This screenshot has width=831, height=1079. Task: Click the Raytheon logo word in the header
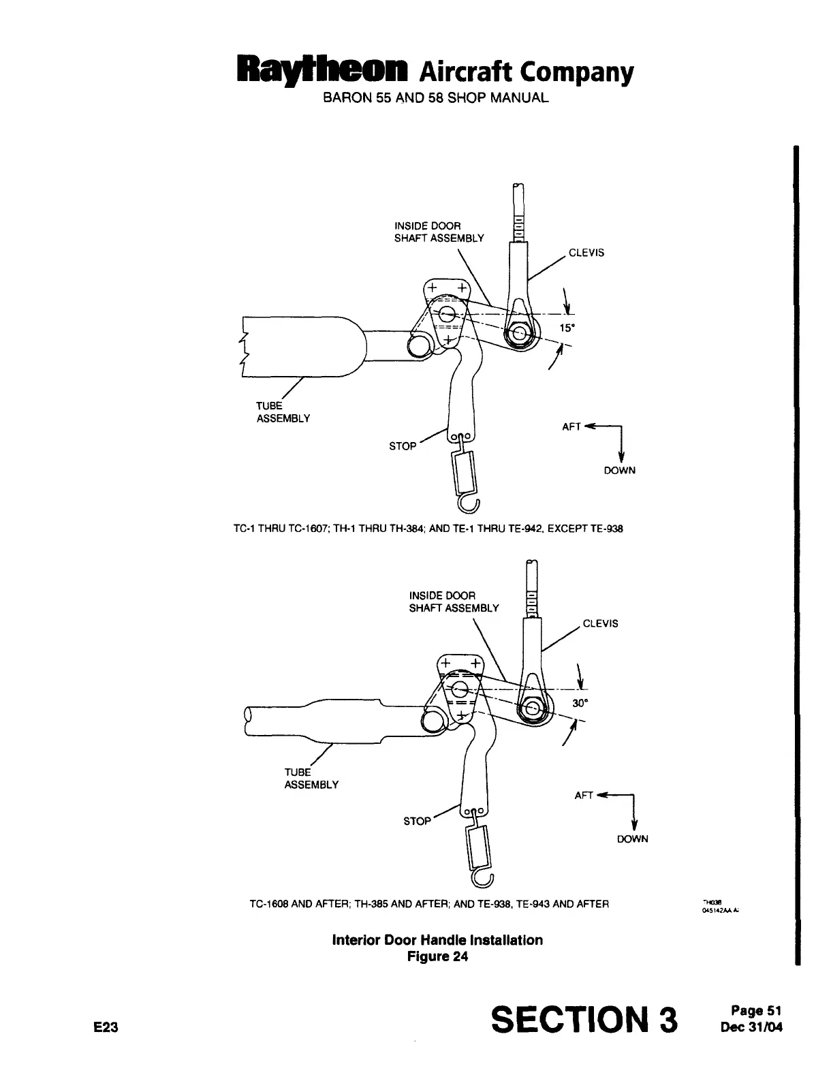click(x=320, y=70)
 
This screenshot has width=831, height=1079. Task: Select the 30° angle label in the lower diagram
click(x=580, y=703)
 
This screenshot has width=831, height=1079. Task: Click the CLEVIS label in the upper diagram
click(x=586, y=253)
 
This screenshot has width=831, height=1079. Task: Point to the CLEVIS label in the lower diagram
click(x=601, y=623)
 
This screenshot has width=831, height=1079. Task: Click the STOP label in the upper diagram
click(x=403, y=446)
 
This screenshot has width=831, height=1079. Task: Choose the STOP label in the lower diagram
click(x=417, y=822)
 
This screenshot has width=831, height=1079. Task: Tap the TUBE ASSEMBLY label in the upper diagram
click(x=283, y=412)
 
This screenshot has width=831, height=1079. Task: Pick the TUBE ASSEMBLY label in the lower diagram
click(x=311, y=778)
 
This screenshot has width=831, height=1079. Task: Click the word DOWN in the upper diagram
click(x=619, y=471)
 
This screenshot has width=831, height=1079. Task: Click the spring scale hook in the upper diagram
click(x=470, y=504)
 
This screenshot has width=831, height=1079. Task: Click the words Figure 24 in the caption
click(x=437, y=956)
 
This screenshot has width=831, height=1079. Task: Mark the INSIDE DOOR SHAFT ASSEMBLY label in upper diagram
click(x=439, y=232)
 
